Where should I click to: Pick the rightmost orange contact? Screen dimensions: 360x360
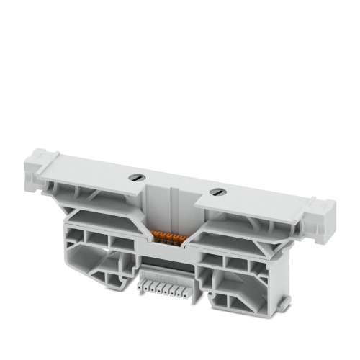pos(185,238)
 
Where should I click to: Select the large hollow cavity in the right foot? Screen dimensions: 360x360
pos(238,284)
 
